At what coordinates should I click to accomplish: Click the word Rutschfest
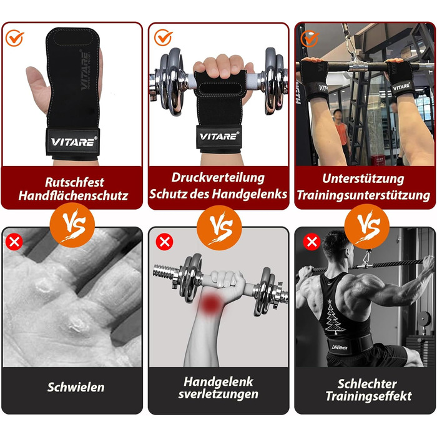pyautogui.click(x=74, y=182)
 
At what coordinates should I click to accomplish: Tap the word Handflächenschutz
pyautogui.click(x=73, y=195)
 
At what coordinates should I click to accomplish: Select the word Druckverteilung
pyautogui.click(x=218, y=178)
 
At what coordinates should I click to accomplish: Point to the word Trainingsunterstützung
pyautogui.click(x=363, y=195)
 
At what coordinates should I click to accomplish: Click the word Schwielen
pyautogui.click(x=76, y=387)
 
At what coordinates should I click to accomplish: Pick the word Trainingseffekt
pyautogui.click(x=368, y=396)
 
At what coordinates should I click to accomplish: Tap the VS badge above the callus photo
pyautogui.click(x=72, y=225)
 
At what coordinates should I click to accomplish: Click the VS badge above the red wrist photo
pyautogui.click(x=219, y=227)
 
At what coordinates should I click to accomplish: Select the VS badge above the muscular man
pyautogui.click(x=367, y=226)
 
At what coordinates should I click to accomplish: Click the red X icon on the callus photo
pyautogui.click(x=14, y=242)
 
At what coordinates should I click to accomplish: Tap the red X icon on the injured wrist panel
pyautogui.click(x=164, y=242)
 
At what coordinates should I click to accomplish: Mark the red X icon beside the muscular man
pyautogui.click(x=312, y=242)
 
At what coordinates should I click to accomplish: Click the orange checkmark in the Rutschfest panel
pyautogui.click(x=14, y=38)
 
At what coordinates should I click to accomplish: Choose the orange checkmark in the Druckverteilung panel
pyautogui.click(x=163, y=37)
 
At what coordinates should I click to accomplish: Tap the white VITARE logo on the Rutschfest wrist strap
pyautogui.click(x=74, y=142)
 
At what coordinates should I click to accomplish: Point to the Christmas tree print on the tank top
pyautogui.click(x=333, y=317)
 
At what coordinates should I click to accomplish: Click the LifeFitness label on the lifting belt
pyautogui.click(x=339, y=347)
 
